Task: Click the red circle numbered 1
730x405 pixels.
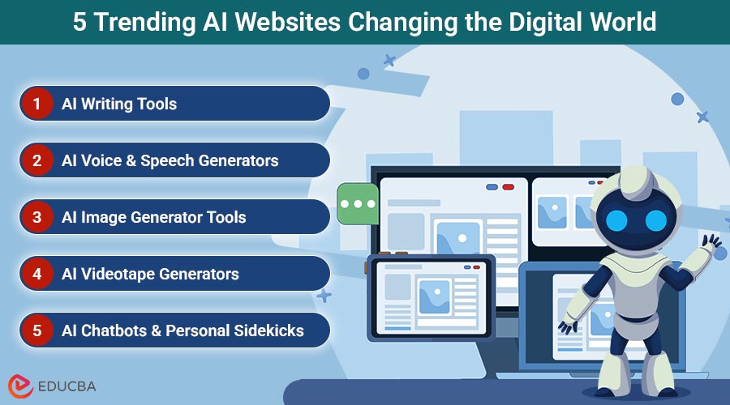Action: tap(36, 103)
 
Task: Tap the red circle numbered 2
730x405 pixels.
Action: tap(36, 160)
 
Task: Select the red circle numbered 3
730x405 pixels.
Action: tap(36, 217)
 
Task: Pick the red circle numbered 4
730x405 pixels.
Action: tap(36, 274)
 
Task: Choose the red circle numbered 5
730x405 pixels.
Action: tap(36, 330)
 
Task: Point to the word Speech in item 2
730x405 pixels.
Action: tap(167, 161)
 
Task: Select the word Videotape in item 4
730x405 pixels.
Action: tap(118, 275)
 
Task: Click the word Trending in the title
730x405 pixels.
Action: tap(145, 23)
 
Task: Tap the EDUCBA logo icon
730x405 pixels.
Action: tap(20, 386)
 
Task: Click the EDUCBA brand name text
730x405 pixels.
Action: tap(67, 386)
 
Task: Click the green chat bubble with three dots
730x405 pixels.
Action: tap(358, 203)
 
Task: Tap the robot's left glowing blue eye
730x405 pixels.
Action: tap(617, 220)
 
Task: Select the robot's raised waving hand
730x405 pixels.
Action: tap(711, 242)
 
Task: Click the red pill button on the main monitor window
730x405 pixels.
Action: tap(508, 187)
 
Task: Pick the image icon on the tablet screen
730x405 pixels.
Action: tap(435, 296)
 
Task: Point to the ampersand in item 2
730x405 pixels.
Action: tap(131, 161)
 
